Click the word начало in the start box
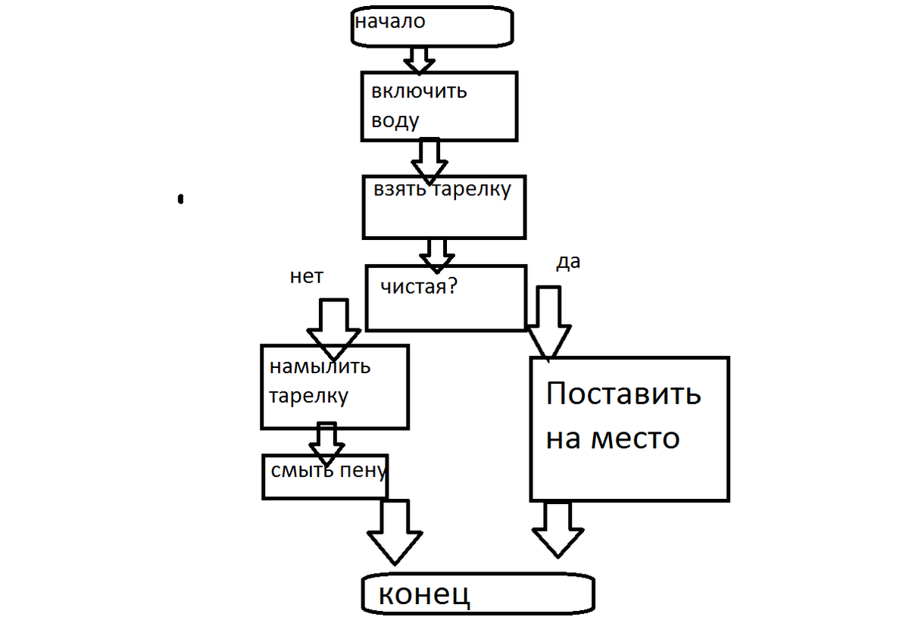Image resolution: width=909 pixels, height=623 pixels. (x=390, y=22)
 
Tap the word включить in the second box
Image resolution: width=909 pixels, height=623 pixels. (x=419, y=92)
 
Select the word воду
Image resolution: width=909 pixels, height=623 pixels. (x=395, y=120)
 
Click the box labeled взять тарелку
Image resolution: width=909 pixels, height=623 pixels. (x=444, y=208)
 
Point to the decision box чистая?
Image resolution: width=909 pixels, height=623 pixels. (x=445, y=297)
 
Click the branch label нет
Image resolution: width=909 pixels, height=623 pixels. (x=306, y=277)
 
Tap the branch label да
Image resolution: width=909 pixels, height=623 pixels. (x=568, y=262)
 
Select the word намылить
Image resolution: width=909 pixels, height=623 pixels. (x=320, y=367)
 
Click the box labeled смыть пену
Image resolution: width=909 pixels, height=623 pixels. (x=325, y=476)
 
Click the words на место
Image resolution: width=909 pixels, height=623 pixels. (x=613, y=438)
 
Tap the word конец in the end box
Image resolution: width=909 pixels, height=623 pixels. (x=424, y=594)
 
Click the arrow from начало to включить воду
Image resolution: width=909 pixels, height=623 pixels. (x=418, y=58)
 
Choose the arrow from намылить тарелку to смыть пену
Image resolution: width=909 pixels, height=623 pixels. (x=326, y=442)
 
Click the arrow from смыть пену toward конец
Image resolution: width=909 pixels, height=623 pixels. (x=393, y=531)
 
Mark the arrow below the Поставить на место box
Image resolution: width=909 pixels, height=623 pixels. (x=558, y=529)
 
